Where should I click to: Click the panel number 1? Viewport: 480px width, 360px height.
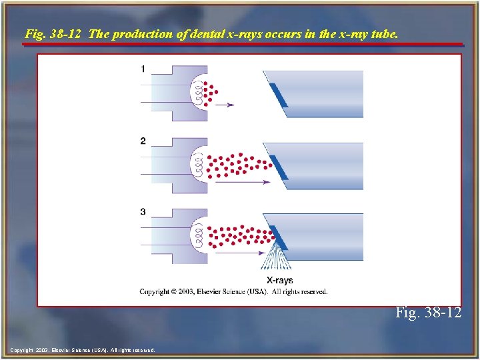coord(143,69)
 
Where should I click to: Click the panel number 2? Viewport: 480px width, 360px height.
coord(143,141)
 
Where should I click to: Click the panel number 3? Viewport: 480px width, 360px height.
coord(143,212)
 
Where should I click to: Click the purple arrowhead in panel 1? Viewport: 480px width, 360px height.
coord(230,105)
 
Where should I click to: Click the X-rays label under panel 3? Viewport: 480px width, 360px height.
coord(279,281)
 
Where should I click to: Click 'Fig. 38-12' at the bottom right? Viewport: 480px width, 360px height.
coord(428,312)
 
